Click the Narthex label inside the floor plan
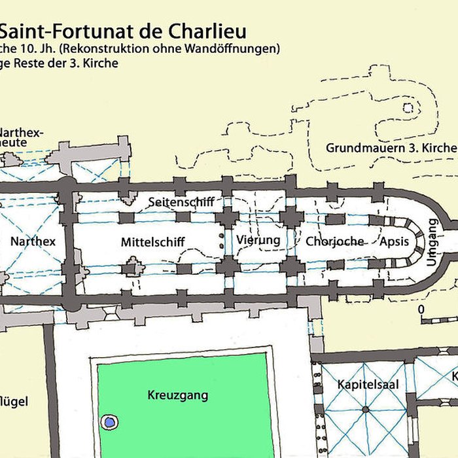[x=33, y=241]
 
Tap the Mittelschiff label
[x=152, y=242]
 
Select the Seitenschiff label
[x=181, y=202]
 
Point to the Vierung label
[x=258, y=240]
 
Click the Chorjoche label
[x=334, y=241]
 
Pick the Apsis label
[x=395, y=241]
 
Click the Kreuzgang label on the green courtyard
[x=177, y=395]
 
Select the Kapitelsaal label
[x=367, y=385]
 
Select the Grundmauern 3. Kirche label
[x=391, y=148]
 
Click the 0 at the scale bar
[x=421, y=309]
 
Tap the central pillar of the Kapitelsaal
[x=365, y=410]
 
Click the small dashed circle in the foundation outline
[x=408, y=107]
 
